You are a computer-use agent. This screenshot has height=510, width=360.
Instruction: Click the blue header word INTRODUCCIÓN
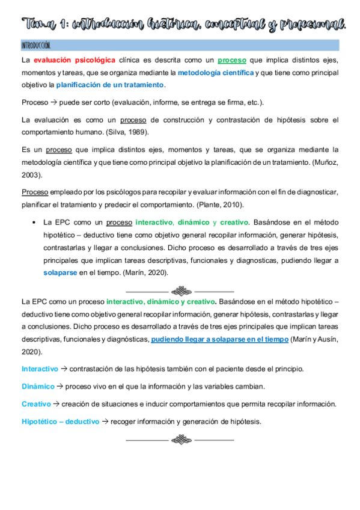[x=35, y=46]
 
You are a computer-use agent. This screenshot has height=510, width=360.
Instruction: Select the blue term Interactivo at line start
[x=40, y=368]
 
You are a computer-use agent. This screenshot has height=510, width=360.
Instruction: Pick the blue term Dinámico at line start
[x=38, y=386]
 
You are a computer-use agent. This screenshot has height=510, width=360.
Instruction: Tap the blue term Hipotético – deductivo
[x=60, y=421]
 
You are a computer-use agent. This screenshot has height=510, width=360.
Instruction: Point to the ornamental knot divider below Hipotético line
[x=180, y=438]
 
